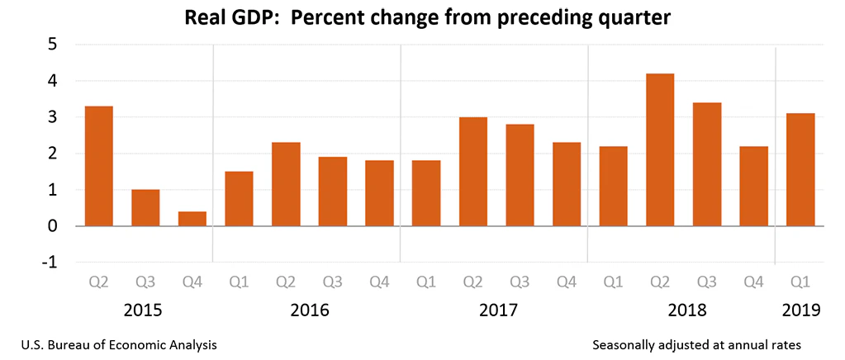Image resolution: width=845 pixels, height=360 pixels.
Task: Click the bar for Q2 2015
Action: pos(99,166)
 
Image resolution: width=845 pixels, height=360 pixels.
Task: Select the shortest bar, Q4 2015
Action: pos(192,219)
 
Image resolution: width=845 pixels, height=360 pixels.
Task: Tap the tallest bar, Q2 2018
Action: pos(660,149)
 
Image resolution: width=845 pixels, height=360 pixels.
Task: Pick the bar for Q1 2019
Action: pos(800,169)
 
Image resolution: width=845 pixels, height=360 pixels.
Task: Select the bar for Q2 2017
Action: pos(473,172)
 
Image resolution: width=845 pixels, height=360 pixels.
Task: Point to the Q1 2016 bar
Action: pos(239,198)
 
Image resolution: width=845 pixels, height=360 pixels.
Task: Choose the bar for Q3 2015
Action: pos(145,207)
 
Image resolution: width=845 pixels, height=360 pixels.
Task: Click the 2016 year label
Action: pos(309,310)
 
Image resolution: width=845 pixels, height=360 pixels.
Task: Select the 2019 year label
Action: pos(800,310)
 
